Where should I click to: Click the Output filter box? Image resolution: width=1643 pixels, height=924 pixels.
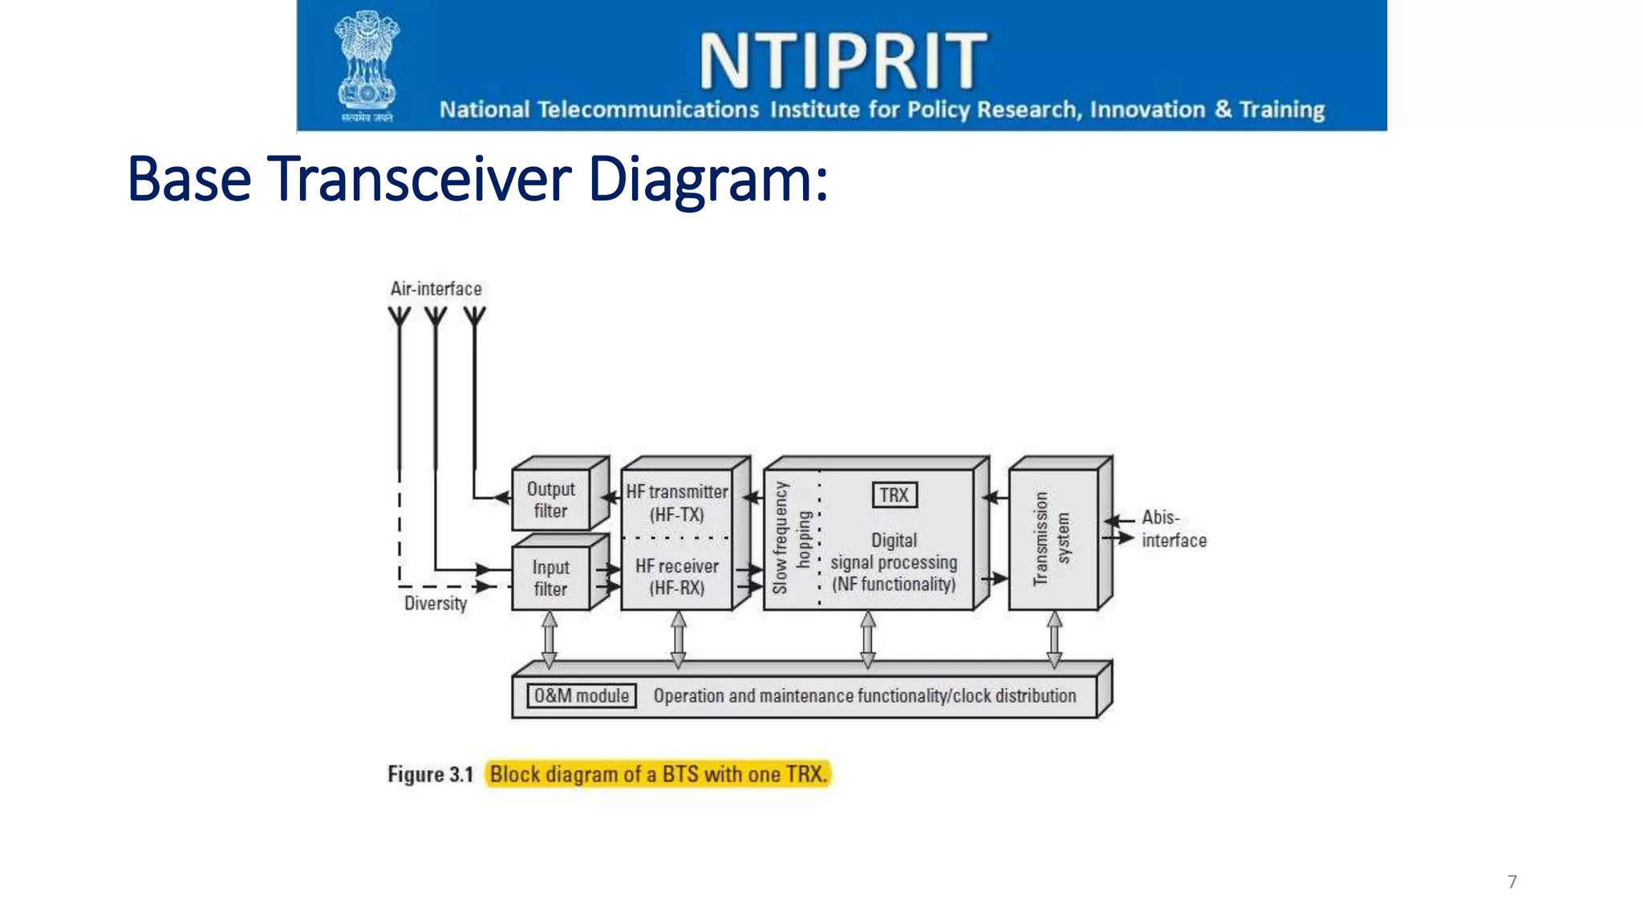point(551,500)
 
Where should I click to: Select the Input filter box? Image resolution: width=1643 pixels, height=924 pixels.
point(551,578)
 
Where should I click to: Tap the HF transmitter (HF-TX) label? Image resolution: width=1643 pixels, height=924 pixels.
point(677,503)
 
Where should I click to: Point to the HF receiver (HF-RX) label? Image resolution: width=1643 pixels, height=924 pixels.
point(677,577)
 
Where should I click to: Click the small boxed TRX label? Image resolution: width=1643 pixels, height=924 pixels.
point(894,495)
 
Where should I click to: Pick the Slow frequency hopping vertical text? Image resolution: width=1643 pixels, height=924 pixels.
point(791,537)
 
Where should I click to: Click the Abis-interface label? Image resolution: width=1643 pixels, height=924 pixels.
point(1173,529)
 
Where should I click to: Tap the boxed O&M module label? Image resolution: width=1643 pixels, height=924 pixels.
point(582,695)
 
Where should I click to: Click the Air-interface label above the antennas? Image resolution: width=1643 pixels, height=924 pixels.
point(436,289)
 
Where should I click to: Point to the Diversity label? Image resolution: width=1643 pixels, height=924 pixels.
point(435,603)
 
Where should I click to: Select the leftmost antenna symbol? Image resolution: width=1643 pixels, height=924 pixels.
point(400,317)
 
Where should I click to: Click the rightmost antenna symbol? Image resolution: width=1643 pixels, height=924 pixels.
point(474,317)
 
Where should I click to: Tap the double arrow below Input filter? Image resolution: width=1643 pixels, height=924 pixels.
point(550,639)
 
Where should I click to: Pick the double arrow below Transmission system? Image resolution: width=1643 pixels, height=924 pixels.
point(1054,639)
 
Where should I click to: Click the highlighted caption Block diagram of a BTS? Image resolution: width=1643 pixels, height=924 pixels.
point(658,774)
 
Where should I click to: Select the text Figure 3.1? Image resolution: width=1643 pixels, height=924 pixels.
point(430,774)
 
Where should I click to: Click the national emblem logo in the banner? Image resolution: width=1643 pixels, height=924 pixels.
point(367,66)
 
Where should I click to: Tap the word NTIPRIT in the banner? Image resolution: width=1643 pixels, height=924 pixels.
point(843,61)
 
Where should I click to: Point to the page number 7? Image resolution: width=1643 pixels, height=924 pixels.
point(1511,881)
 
